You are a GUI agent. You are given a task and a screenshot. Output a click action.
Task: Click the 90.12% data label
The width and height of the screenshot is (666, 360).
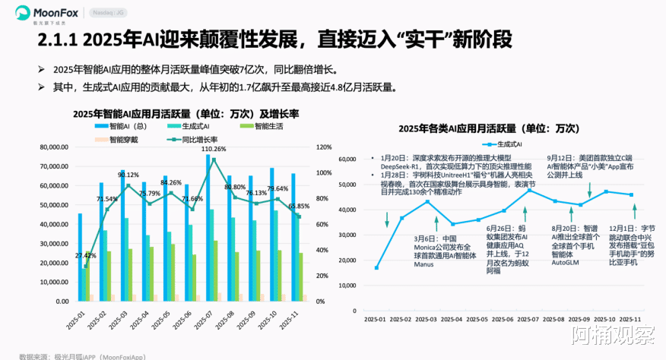click(128, 175)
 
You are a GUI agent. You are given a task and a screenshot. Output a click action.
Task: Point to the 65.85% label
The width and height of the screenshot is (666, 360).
click(300, 206)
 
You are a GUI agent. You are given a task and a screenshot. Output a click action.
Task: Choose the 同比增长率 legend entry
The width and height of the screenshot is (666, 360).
click(195, 140)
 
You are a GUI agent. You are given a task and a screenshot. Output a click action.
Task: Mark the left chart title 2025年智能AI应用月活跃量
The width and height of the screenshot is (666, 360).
click(187, 114)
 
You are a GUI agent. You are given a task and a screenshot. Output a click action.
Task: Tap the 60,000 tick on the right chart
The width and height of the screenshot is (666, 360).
click(347, 159)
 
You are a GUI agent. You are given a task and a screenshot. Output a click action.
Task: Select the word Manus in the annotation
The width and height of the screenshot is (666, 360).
click(424, 264)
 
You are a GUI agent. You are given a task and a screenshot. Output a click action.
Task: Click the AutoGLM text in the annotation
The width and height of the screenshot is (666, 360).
click(566, 251)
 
